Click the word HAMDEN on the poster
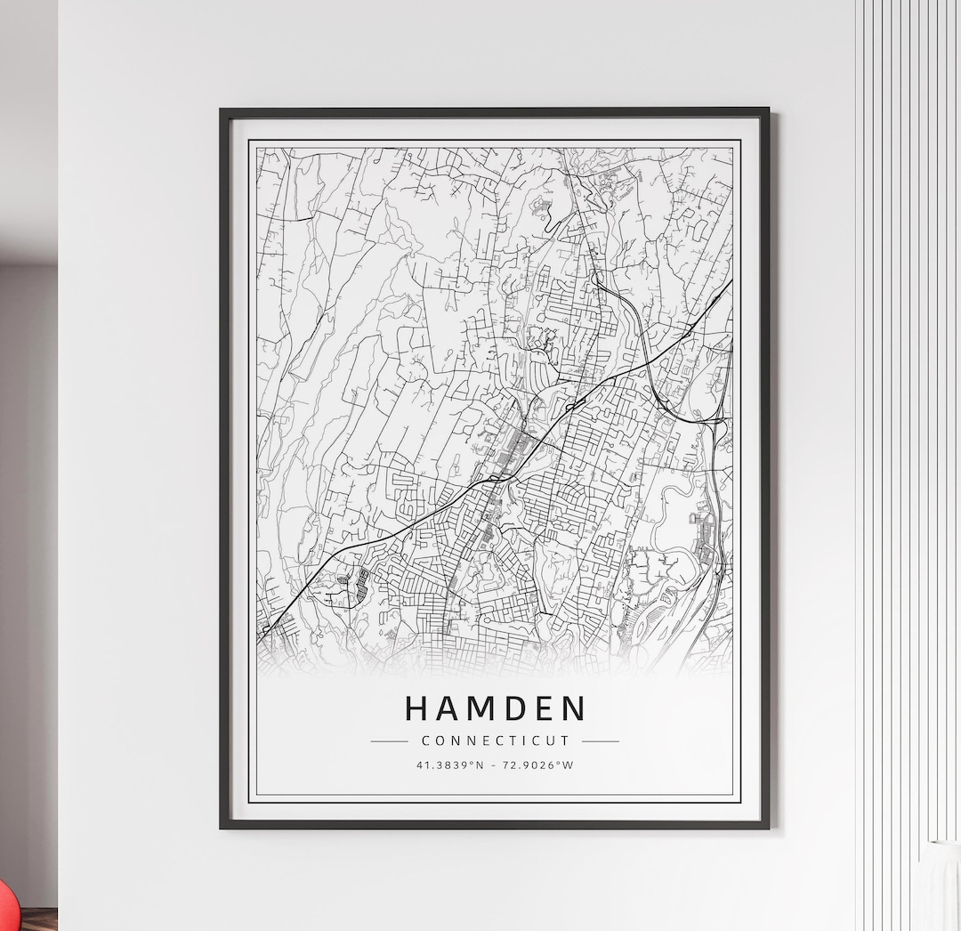[496, 708]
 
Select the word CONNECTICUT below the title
[495, 741]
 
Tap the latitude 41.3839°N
[449, 765]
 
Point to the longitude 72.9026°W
[539, 765]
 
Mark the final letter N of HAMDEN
[574, 708]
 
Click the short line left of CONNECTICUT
[389, 741]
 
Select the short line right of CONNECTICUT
[600, 741]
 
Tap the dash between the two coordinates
[495, 765]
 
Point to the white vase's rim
[943, 843]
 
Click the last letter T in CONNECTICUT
[565, 741]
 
